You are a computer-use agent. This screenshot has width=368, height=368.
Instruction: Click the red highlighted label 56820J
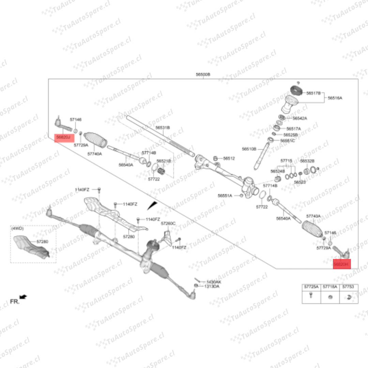(x=64, y=137)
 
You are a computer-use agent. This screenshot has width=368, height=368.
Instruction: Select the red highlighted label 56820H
(x=341, y=264)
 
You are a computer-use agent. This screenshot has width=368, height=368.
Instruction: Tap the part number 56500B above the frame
(x=203, y=75)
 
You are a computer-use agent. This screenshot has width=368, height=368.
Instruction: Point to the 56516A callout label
(x=335, y=98)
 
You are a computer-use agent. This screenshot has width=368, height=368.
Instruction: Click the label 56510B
(x=249, y=149)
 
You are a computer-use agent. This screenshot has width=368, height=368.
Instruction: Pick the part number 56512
(x=229, y=158)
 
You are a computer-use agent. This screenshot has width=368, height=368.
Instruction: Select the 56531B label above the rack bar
(x=163, y=127)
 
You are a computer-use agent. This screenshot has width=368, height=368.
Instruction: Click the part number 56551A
(x=225, y=196)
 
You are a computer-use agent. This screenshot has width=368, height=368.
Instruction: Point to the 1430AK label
(x=214, y=282)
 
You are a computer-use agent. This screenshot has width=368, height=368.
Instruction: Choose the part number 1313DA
(x=212, y=286)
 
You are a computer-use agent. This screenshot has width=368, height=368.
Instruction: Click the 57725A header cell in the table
(x=311, y=287)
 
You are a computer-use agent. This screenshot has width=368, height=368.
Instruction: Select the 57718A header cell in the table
(x=330, y=287)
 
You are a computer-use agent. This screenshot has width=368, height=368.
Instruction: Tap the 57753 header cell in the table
(x=348, y=287)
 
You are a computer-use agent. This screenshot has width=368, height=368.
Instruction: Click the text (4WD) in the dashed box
(x=17, y=229)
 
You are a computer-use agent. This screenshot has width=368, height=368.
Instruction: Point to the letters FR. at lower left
(x=14, y=301)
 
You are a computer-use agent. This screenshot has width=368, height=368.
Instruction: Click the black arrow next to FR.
(x=24, y=297)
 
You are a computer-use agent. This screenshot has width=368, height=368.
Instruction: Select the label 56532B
(x=307, y=161)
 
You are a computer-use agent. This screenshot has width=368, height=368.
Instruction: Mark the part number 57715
(x=286, y=160)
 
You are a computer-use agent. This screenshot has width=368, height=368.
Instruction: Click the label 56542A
(x=300, y=118)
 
